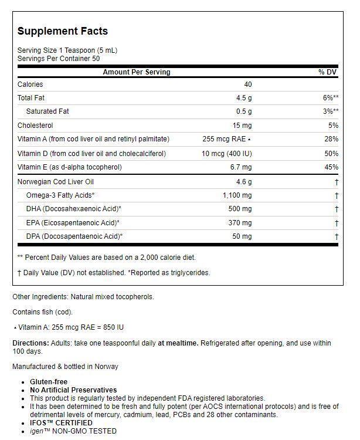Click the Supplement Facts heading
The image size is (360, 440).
click(x=63, y=31)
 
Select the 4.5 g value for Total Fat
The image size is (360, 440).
click(x=244, y=98)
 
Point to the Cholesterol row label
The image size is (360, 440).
click(x=35, y=126)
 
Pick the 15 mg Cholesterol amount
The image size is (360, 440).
click(x=242, y=126)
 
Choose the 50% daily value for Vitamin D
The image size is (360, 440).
click(x=331, y=154)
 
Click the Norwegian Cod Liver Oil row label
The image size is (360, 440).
click(x=56, y=182)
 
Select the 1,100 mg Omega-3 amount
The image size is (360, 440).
click(x=237, y=195)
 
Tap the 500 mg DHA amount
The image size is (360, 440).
click(x=240, y=209)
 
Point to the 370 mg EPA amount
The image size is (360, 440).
click(x=240, y=223)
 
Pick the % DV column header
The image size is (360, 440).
click(x=328, y=72)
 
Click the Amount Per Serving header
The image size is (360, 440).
click(x=137, y=72)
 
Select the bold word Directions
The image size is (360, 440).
click(x=30, y=343)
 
